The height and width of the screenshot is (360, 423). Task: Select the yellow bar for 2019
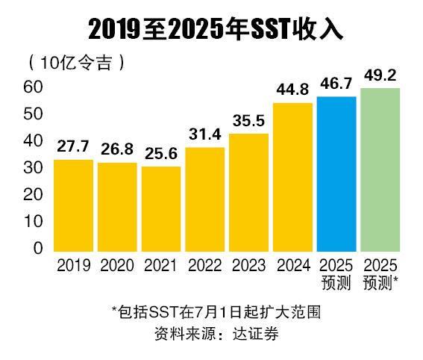coord(73,205)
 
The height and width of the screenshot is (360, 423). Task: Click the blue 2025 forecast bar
coord(336,173)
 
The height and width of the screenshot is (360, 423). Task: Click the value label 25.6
coord(161,155)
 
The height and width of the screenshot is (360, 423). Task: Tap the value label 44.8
coord(292,90)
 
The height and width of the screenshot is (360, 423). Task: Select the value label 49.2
coord(380,75)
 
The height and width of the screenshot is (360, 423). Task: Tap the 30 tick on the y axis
coord(35,168)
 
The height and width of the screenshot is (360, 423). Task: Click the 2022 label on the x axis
coord(205,265)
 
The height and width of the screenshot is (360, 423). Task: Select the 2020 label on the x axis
coord(117,265)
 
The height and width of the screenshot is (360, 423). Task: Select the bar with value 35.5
coord(248,192)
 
